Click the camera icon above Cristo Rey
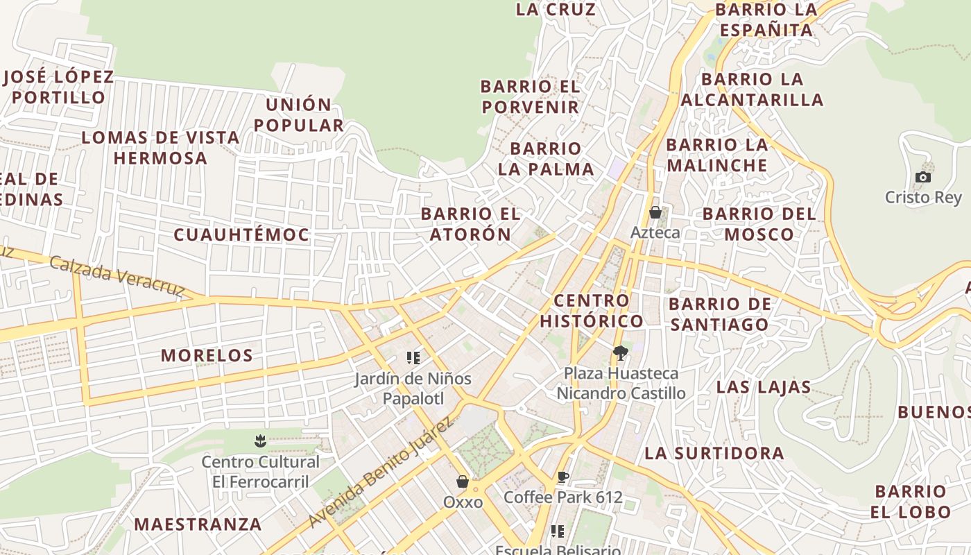click(922, 178)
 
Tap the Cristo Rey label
click(923, 197)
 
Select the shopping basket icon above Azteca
click(655, 212)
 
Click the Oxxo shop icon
click(463, 481)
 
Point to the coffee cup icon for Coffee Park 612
click(562, 477)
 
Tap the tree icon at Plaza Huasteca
click(621, 353)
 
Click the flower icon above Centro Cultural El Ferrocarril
click(260, 441)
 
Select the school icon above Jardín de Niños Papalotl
click(413, 358)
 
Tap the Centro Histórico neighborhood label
click(592, 311)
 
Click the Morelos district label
click(207, 356)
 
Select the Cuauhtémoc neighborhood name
click(241, 235)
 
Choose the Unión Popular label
click(299, 115)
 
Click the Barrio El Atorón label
click(470, 224)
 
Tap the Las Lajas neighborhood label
click(764, 387)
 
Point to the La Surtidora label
click(714, 454)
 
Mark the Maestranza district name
click(198, 524)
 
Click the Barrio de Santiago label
click(719, 314)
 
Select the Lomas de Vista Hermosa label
click(161, 148)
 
